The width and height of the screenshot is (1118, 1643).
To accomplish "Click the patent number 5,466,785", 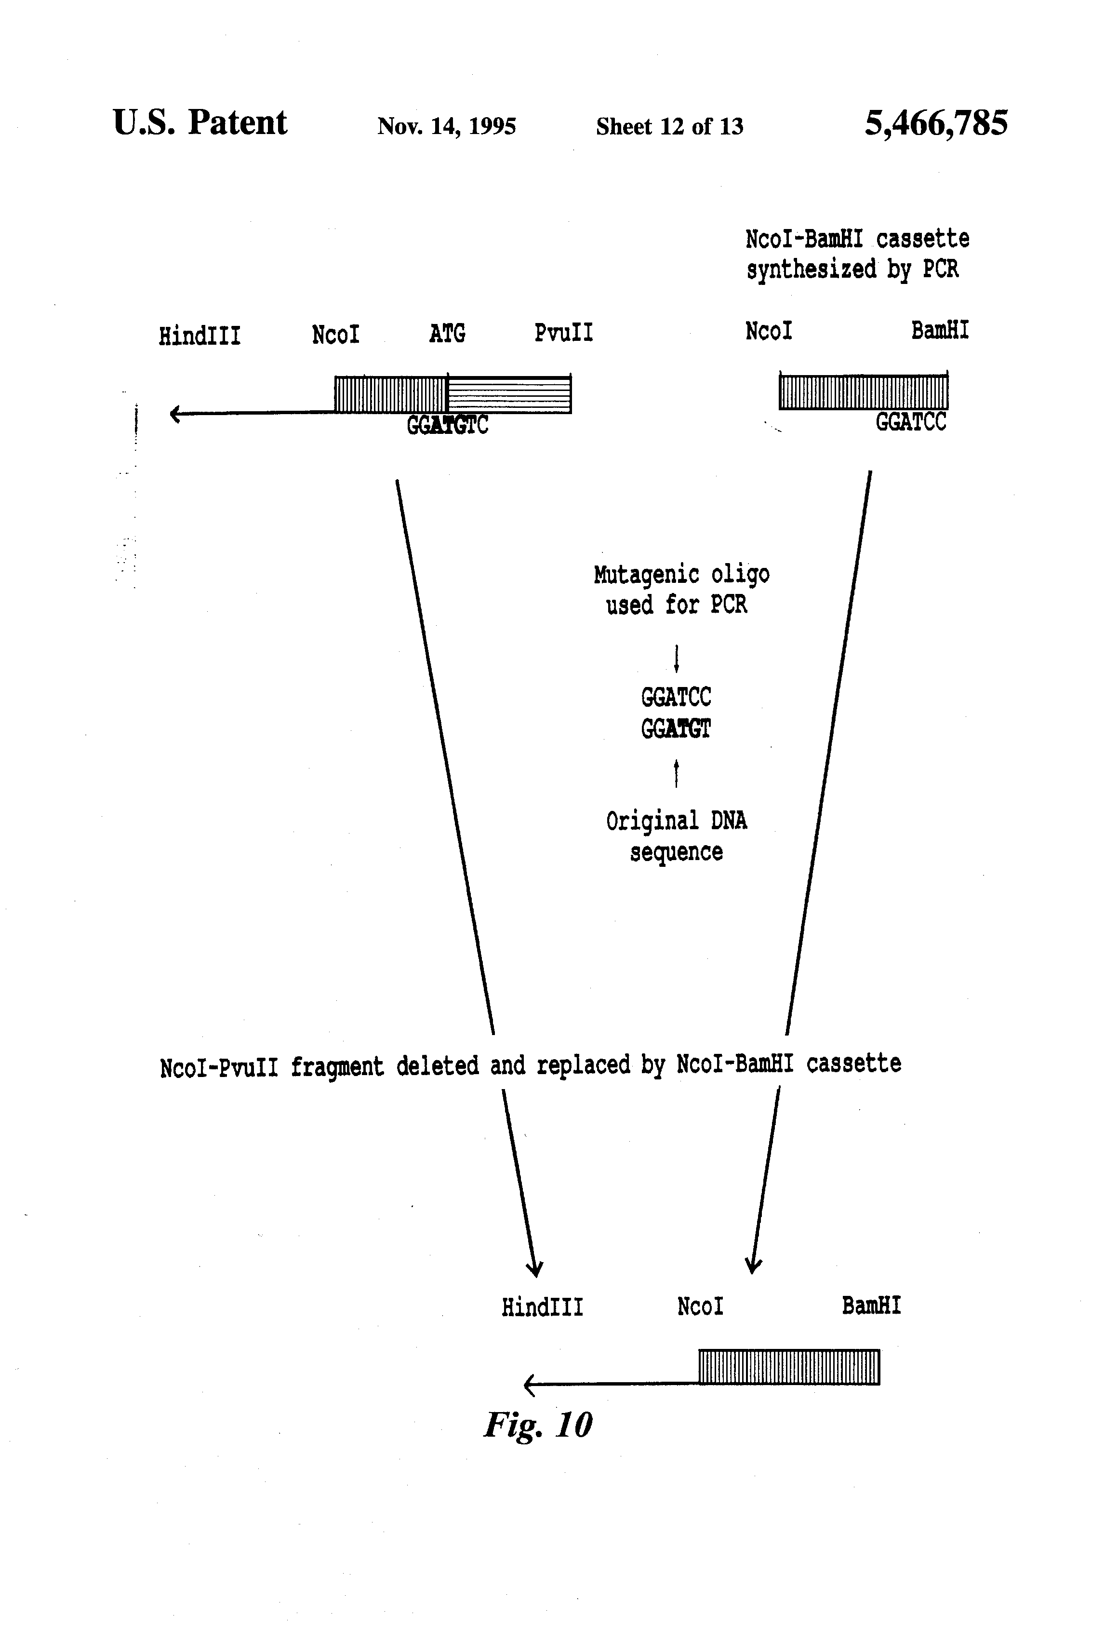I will pyautogui.click(x=936, y=124).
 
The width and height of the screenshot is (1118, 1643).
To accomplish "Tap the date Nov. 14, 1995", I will pyautogui.click(x=447, y=126).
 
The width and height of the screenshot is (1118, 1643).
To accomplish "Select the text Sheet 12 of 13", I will pyautogui.click(x=669, y=126).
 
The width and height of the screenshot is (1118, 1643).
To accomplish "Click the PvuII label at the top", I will pyautogui.click(x=563, y=332).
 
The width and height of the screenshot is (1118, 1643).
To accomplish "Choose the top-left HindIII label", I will pyautogui.click(x=200, y=335).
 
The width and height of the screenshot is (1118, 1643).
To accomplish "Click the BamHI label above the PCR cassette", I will pyautogui.click(x=939, y=330).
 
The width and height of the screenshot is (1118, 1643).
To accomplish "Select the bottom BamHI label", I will pyautogui.click(x=871, y=1305).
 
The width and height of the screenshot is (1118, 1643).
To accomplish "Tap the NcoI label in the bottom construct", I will pyautogui.click(x=700, y=1306).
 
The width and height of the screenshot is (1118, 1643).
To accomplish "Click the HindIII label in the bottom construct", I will pyautogui.click(x=542, y=1306).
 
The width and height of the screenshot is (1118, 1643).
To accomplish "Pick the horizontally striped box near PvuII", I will pyautogui.click(x=509, y=394).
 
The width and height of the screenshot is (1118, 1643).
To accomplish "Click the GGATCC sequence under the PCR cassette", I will pyautogui.click(x=910, y=422).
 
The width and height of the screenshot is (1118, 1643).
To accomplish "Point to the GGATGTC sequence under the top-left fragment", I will pyautogui.click(x=447, y=425).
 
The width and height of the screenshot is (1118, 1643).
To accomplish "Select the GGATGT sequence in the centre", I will pyautogui.click(x=676, y=728).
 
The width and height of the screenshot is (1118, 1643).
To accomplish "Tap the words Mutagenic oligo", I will pyautogui.click(x=681, y=574).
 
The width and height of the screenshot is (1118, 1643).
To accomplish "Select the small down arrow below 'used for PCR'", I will pyautogui.click(x=676, y=658).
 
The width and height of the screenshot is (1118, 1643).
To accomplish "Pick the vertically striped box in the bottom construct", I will pyautogui.click(x=789, y=1367).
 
